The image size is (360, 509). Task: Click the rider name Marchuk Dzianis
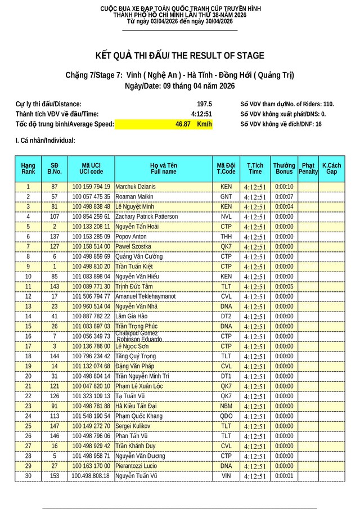pyautogui.click(x=136, y=186)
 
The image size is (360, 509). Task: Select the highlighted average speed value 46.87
pyautogui.click(x=183, y=124)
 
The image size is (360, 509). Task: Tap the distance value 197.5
pyautogui.click(x=204, y=104)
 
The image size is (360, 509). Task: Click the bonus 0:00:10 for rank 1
pyautogui.click(x=284, y=186)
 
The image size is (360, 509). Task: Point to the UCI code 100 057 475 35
pyautogui.click(x=91, y=196)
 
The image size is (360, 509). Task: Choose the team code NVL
pyautogui.click(x=226, y=217)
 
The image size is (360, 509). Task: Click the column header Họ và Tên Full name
pyautogui.click(x=163, y=168)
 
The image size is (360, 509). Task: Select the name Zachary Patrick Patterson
pyautogui.click(x=146, y=217)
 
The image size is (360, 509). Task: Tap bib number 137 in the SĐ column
pyautogui.click(x=55, y=236)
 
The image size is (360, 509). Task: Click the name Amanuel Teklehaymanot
pyautogui.click(x=146, y=296)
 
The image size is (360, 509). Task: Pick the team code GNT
pyautogui.click(x=226, y=196)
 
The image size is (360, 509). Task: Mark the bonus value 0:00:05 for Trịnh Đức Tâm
pyautogui.click(x=284, y=286)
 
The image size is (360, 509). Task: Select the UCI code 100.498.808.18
pyautogui.click(x=91, y=476)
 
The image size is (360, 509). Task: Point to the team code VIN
pyautogui.click(x=226, y=476)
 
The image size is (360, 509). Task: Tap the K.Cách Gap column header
pyautogui.click(x=331, y=168)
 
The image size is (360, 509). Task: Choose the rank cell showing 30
pyautogui.click(x=28, y=476)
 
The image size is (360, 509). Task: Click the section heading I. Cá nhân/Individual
pyautogui.click(x=46, y=141)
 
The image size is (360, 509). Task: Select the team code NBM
pyautogui.click(x=226, y=406)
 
